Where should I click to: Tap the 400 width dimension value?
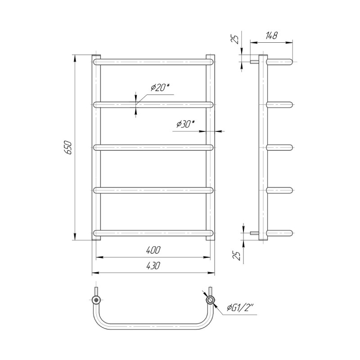click(153, 250)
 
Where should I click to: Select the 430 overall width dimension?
click(153, 265)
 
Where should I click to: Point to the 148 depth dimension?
click(271, 36)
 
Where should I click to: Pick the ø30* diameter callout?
click(185, 124)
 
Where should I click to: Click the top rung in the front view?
click(153, 62)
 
